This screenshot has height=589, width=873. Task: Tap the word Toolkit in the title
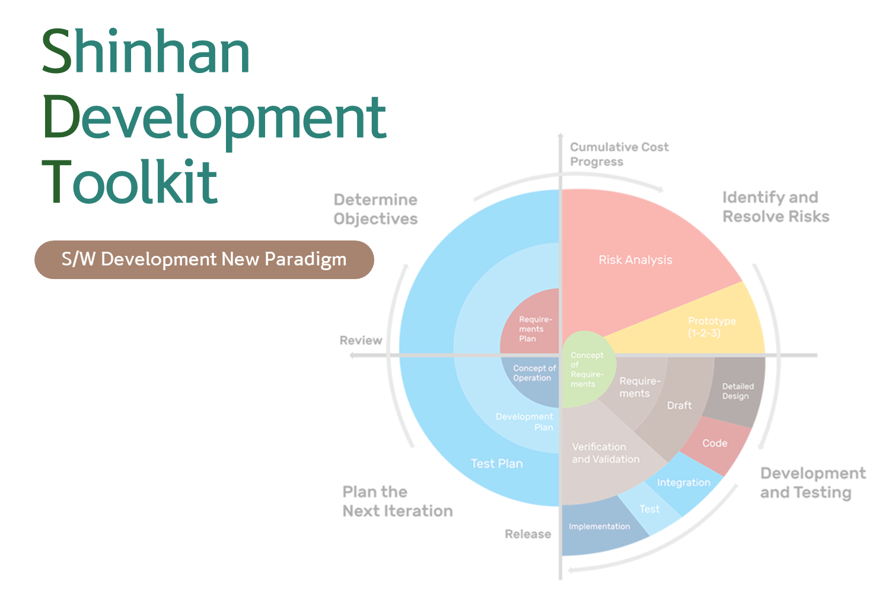[130, 182]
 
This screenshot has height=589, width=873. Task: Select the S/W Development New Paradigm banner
[204, 259]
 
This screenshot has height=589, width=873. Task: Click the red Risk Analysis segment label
[635, 260]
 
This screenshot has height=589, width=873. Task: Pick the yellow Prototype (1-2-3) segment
[711, 327]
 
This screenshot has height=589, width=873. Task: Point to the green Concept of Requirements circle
[587, 369]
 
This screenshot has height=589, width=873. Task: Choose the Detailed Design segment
[737, 391]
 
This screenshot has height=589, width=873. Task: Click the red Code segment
[715, 444]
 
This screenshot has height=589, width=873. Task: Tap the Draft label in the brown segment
[679, 406]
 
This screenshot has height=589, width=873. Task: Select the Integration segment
[683, 483]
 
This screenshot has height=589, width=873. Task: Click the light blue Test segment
[649, 509]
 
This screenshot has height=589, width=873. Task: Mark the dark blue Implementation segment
[599, 527]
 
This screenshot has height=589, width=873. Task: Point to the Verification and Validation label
[606, 453]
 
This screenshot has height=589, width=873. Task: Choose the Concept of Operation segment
[534, 373]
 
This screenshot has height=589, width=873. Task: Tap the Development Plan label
[525, 422]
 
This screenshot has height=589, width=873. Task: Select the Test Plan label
[496, 464]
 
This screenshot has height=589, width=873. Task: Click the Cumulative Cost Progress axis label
[619, 154]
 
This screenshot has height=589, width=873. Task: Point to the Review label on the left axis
[361, 340]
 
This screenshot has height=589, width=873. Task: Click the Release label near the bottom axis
[527, 534]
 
